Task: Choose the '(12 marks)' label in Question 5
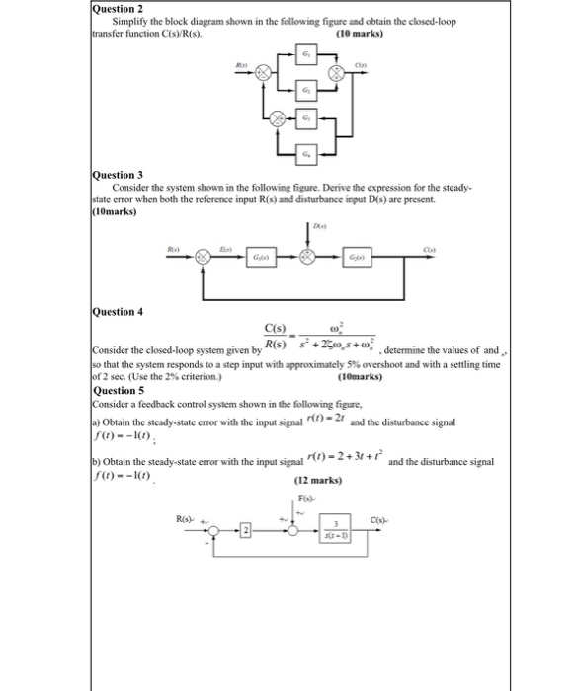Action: [x=317, y=481]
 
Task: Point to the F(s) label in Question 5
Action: [x=303, y=499]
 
